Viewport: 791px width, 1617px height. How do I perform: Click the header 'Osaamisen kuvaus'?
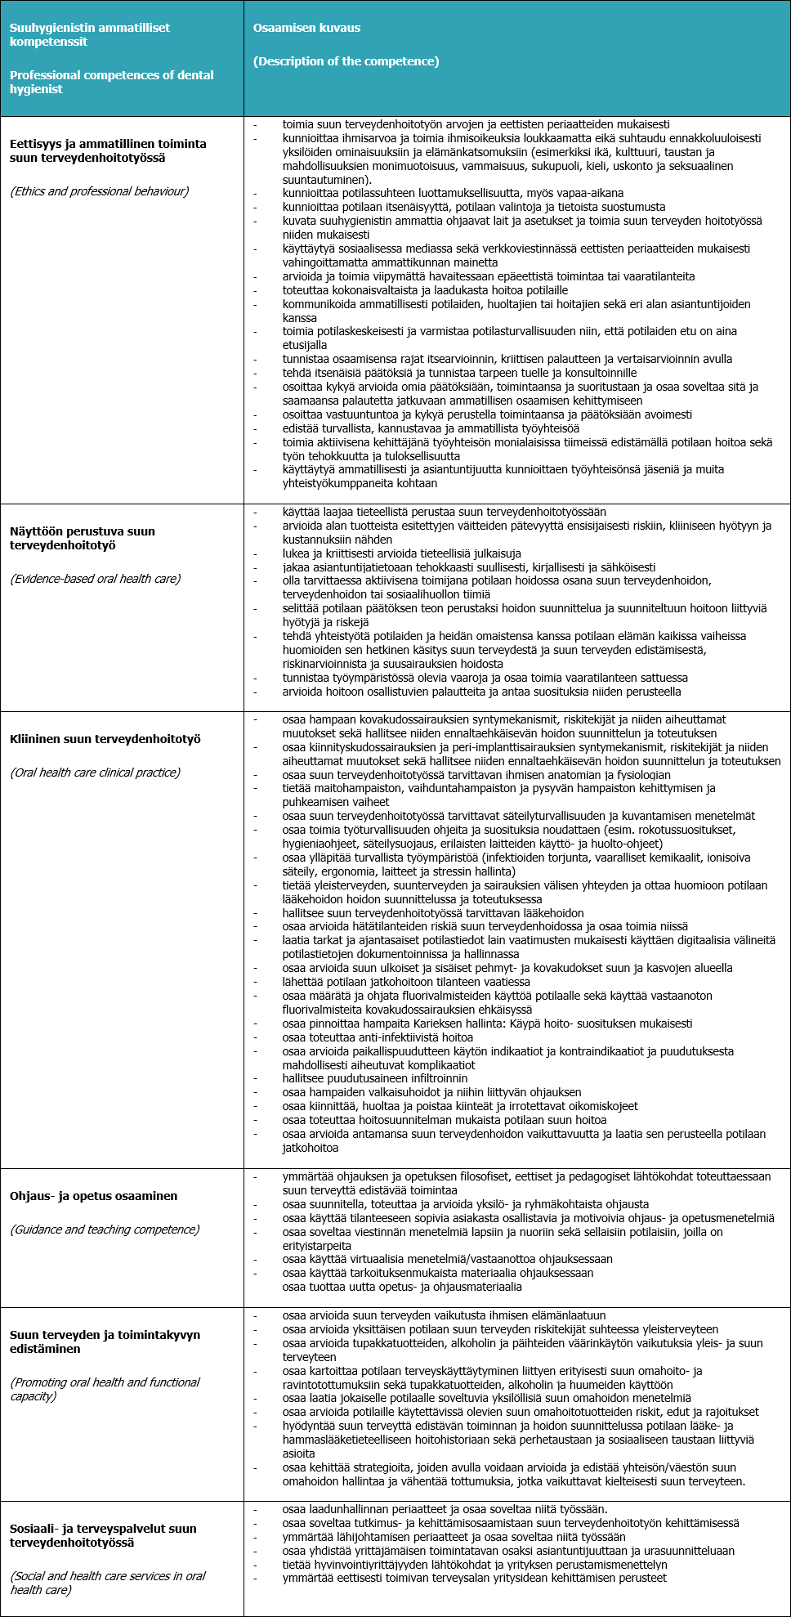[x=306, y=28]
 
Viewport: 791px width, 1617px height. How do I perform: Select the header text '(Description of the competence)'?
[x=346, y=61]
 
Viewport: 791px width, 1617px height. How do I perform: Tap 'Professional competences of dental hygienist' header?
[x=112, y=82]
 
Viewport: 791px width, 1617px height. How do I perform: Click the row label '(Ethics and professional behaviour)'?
[x=99, y=191]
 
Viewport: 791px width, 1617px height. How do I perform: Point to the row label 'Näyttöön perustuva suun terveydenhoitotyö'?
[x=83, y=538]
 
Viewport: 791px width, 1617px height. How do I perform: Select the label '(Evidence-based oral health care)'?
[x=96, y=579]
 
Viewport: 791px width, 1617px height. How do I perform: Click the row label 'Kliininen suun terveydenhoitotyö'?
[x=105, y=739]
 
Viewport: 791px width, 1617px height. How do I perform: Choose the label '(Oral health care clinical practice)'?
[x=96, y=773]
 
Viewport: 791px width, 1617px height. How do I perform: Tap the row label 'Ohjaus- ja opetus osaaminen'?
[x=94, y=1196]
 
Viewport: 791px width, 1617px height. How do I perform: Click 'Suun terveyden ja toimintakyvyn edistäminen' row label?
[x=105, y=1342]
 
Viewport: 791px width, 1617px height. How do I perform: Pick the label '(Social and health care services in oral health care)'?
[x=108, y=1583]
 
